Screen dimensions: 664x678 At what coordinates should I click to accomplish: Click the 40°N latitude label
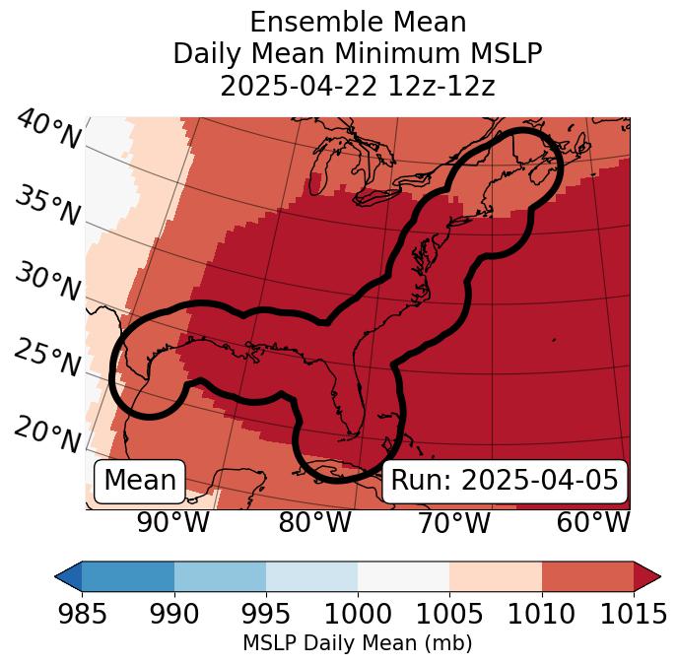tap(47, 131)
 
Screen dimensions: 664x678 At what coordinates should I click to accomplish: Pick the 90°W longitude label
tap(173, 523)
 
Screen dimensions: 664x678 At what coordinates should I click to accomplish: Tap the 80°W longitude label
tap(314, 523)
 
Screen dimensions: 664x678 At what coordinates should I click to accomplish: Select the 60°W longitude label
tap(593, 523)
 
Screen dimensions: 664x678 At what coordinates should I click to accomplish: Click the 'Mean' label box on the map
tap(140, 481)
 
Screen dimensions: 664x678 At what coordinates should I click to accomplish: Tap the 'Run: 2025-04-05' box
tap(504, 481)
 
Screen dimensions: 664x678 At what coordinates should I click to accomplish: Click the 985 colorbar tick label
tap(82, 615)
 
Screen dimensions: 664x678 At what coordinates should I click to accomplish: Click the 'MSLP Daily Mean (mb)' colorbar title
tap(357, 644)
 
